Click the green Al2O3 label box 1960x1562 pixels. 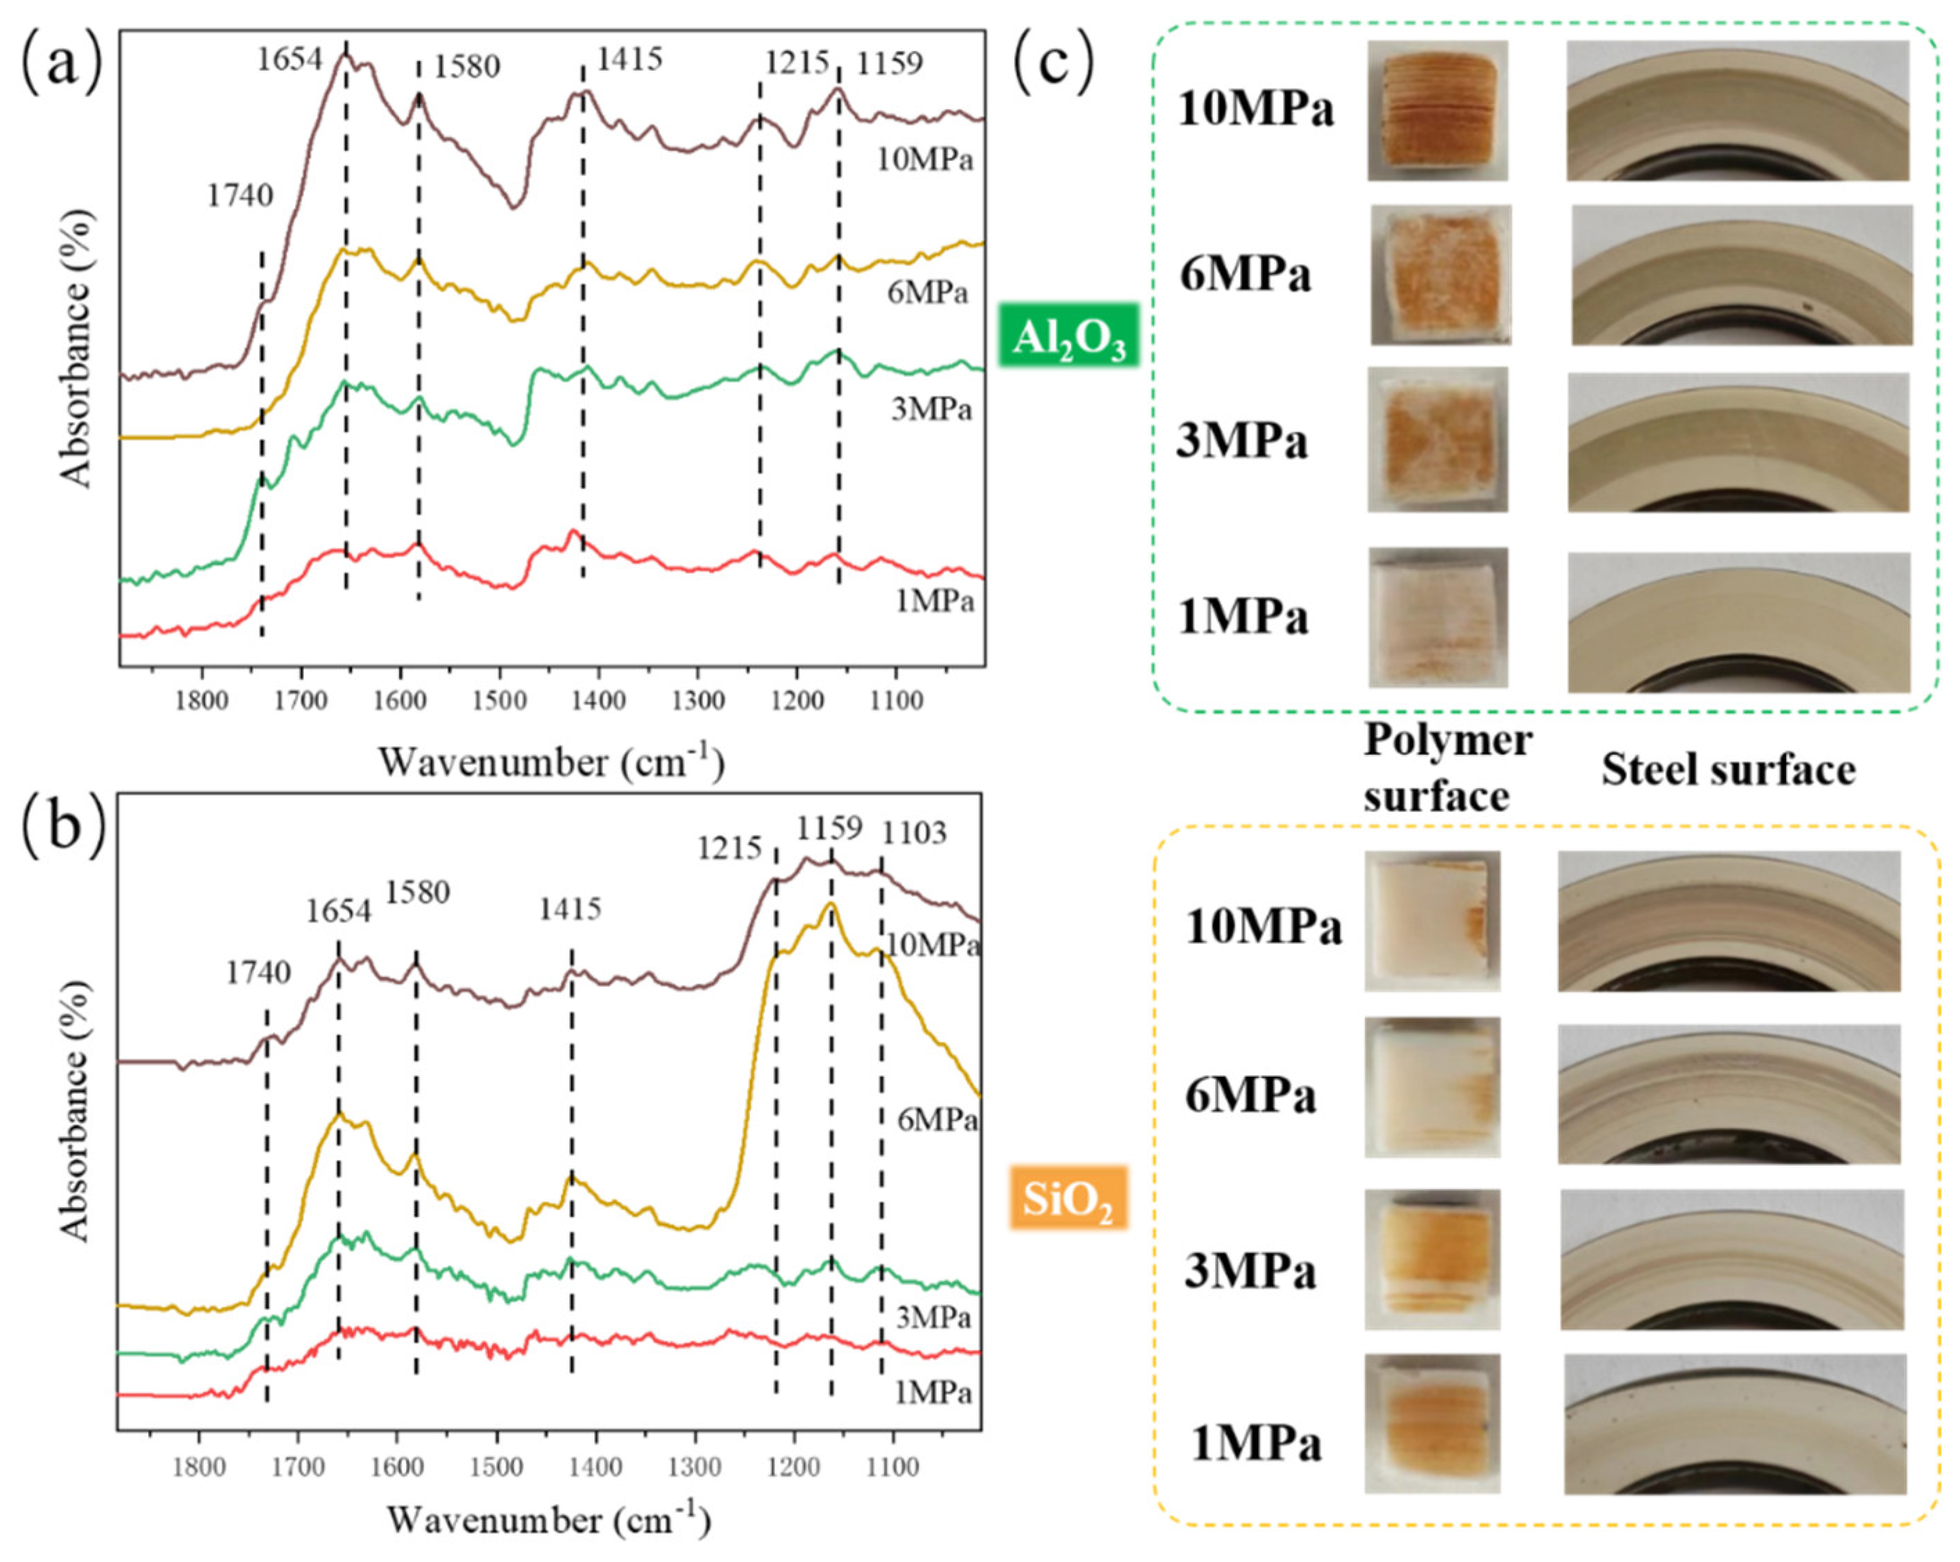[1068, 335]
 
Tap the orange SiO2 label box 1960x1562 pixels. [1068, 1198]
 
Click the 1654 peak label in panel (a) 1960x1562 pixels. [288, 60]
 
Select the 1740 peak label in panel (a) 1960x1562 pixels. [240, 195]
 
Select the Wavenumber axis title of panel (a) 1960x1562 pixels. [551, 761]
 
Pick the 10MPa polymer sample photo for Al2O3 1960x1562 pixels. [1438, 110]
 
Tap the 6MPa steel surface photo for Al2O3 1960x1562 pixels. [1741, 276]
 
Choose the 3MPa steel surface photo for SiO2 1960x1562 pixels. [1731, 1259]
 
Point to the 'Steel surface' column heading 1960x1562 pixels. [1728, 770]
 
